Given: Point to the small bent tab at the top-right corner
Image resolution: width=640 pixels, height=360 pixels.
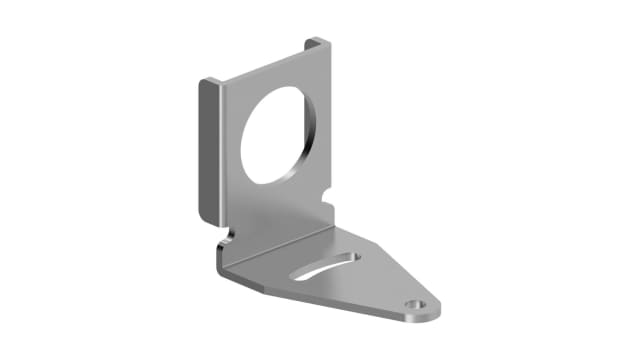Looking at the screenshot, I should [316, 45].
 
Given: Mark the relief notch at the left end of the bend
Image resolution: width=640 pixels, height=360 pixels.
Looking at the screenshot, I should [229, 238].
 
